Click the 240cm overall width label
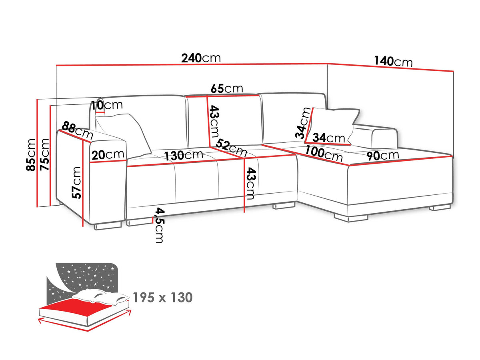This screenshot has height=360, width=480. [201, 58]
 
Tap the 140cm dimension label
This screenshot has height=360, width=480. [393, 61]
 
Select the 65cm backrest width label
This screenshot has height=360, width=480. [227, 88]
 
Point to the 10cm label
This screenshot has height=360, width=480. [107, 105]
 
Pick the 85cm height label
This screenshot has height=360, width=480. [31, 155]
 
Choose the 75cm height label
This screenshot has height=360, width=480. [44, 154]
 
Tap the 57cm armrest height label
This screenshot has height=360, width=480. [76, 183]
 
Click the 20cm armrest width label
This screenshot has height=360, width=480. [108, 155]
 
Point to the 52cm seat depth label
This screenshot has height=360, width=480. [231, 148]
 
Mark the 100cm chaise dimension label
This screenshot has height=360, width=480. [324, 154]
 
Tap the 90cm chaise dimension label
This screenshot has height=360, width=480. [383, 156]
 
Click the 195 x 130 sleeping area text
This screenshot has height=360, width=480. [163, 297]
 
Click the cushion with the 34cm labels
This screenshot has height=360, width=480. [332, 126]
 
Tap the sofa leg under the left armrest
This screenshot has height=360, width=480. [108, 226]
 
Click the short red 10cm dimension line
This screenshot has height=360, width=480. [100, 112]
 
